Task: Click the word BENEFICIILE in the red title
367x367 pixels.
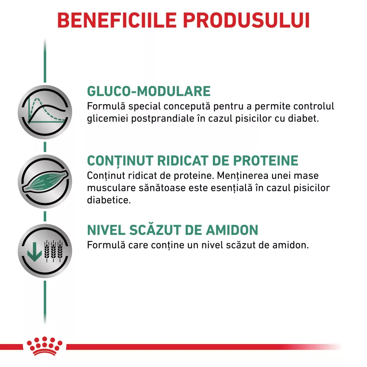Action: click(117, 20)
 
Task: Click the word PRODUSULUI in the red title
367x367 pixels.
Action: click(247, 20)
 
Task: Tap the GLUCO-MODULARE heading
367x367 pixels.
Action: click(149, 91)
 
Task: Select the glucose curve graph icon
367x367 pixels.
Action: click(45, 112)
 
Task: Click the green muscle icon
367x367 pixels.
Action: click(45, 181)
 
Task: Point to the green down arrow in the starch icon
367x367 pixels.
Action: click(34, 252)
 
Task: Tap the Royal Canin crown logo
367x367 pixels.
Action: click(44, 346)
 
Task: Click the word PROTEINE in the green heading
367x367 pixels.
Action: click(266, 161)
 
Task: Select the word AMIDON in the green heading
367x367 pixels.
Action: click(232, 230)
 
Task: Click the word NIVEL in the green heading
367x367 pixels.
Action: click(106, 230)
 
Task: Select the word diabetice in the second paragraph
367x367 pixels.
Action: click(109, 200)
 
